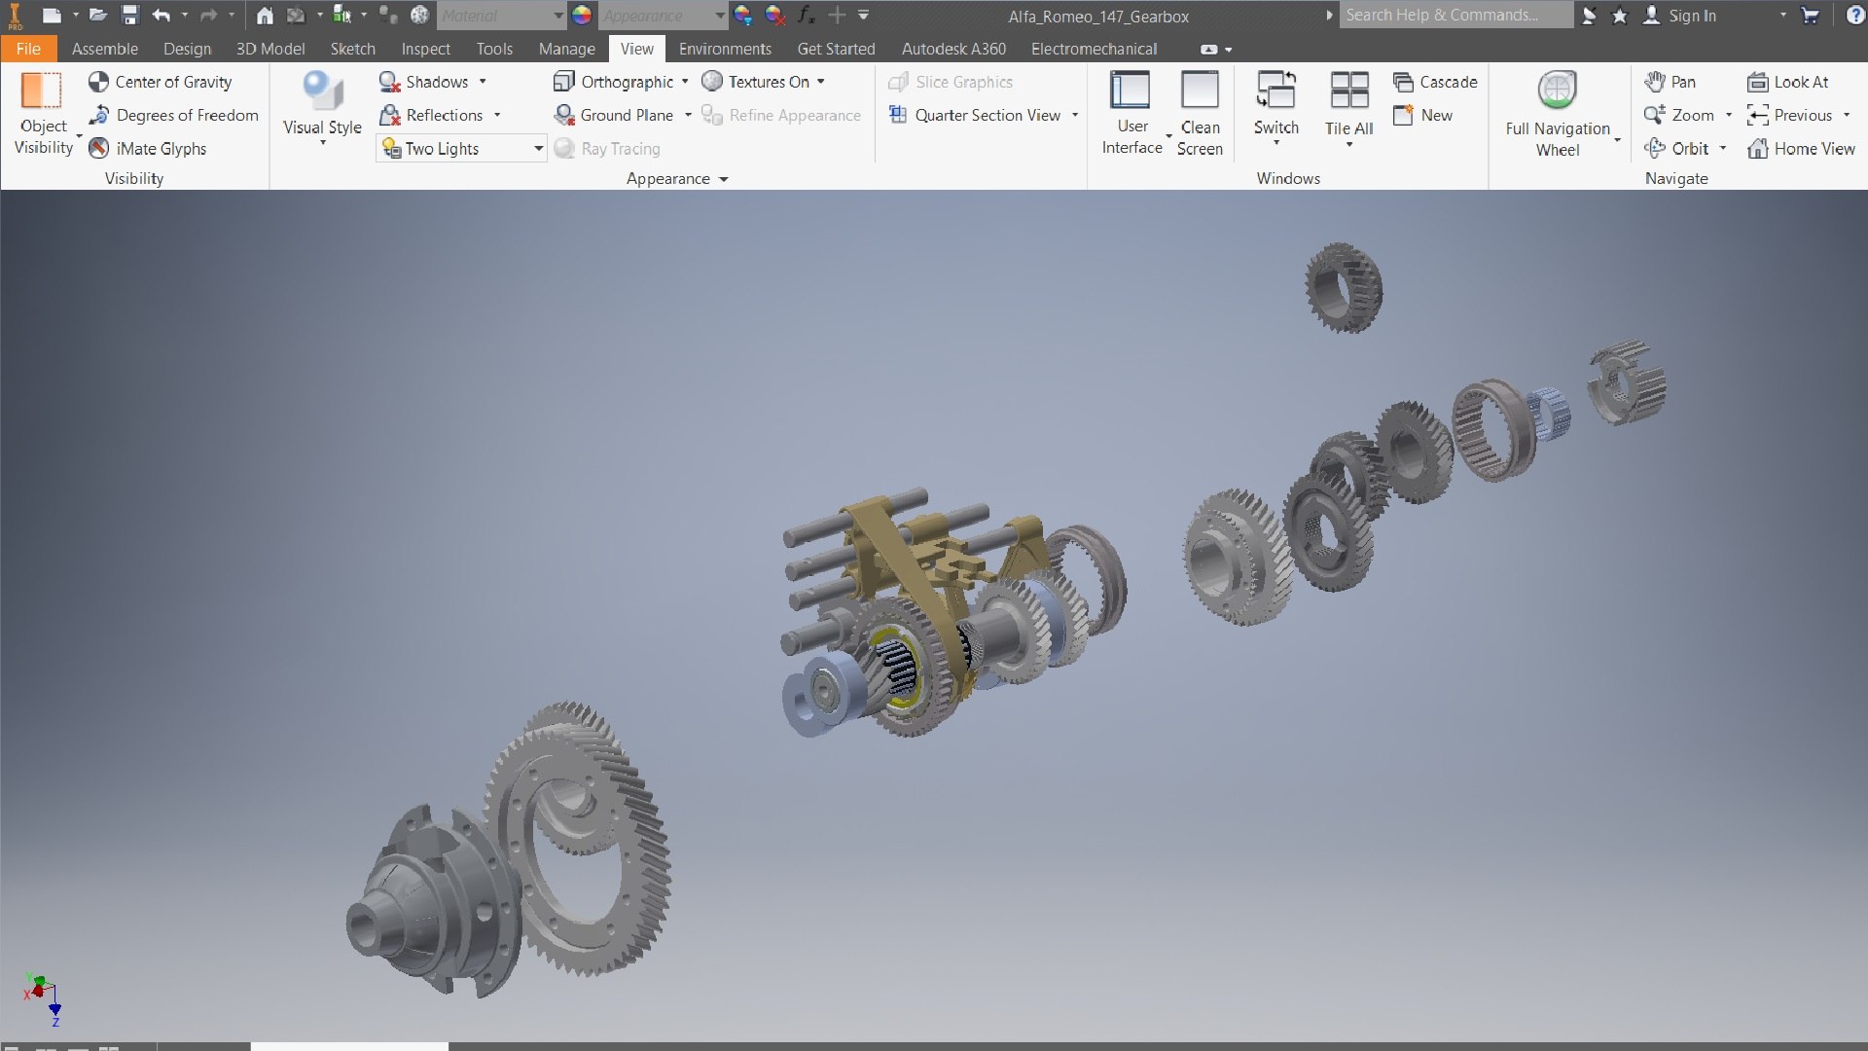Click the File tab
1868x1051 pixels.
tap(28, 49)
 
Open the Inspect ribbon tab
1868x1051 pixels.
tap(425, 49)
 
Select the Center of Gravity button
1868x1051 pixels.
tap(161, 82)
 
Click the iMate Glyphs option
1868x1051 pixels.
tap(148, 148)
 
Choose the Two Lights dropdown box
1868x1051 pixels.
tap(461, 148)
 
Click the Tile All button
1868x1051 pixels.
tap(1348, 107)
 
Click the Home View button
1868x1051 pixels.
tap(1802, 148)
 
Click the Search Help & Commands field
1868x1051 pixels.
tap(1455, 16)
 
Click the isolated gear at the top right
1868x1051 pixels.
tap(1344, 288)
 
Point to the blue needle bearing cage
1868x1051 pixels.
tap(1548, 413)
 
